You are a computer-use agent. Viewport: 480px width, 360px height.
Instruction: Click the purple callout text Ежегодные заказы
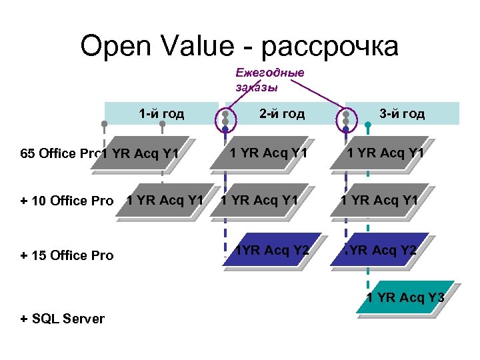coord(269,79)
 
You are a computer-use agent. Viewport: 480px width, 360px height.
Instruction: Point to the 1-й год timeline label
coord(161,113)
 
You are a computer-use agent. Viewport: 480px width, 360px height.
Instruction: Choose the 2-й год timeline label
coord(282,113)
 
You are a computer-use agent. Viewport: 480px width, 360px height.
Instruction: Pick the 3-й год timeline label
coord(402,113)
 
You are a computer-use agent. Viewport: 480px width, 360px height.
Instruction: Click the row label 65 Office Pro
coord(57,154)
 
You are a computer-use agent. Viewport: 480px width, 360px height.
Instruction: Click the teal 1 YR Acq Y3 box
coord(405,297)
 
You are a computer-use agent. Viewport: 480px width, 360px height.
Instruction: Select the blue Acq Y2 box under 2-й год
coord(273,251)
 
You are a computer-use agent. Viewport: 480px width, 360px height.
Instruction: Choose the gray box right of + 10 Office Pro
coord(164,200)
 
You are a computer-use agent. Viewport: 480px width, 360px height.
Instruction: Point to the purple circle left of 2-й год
coord(226,117)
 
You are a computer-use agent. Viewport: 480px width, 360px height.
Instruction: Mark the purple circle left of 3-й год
coord(346,117)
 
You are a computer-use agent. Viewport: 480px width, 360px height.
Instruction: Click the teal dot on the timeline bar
coord(368,125)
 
